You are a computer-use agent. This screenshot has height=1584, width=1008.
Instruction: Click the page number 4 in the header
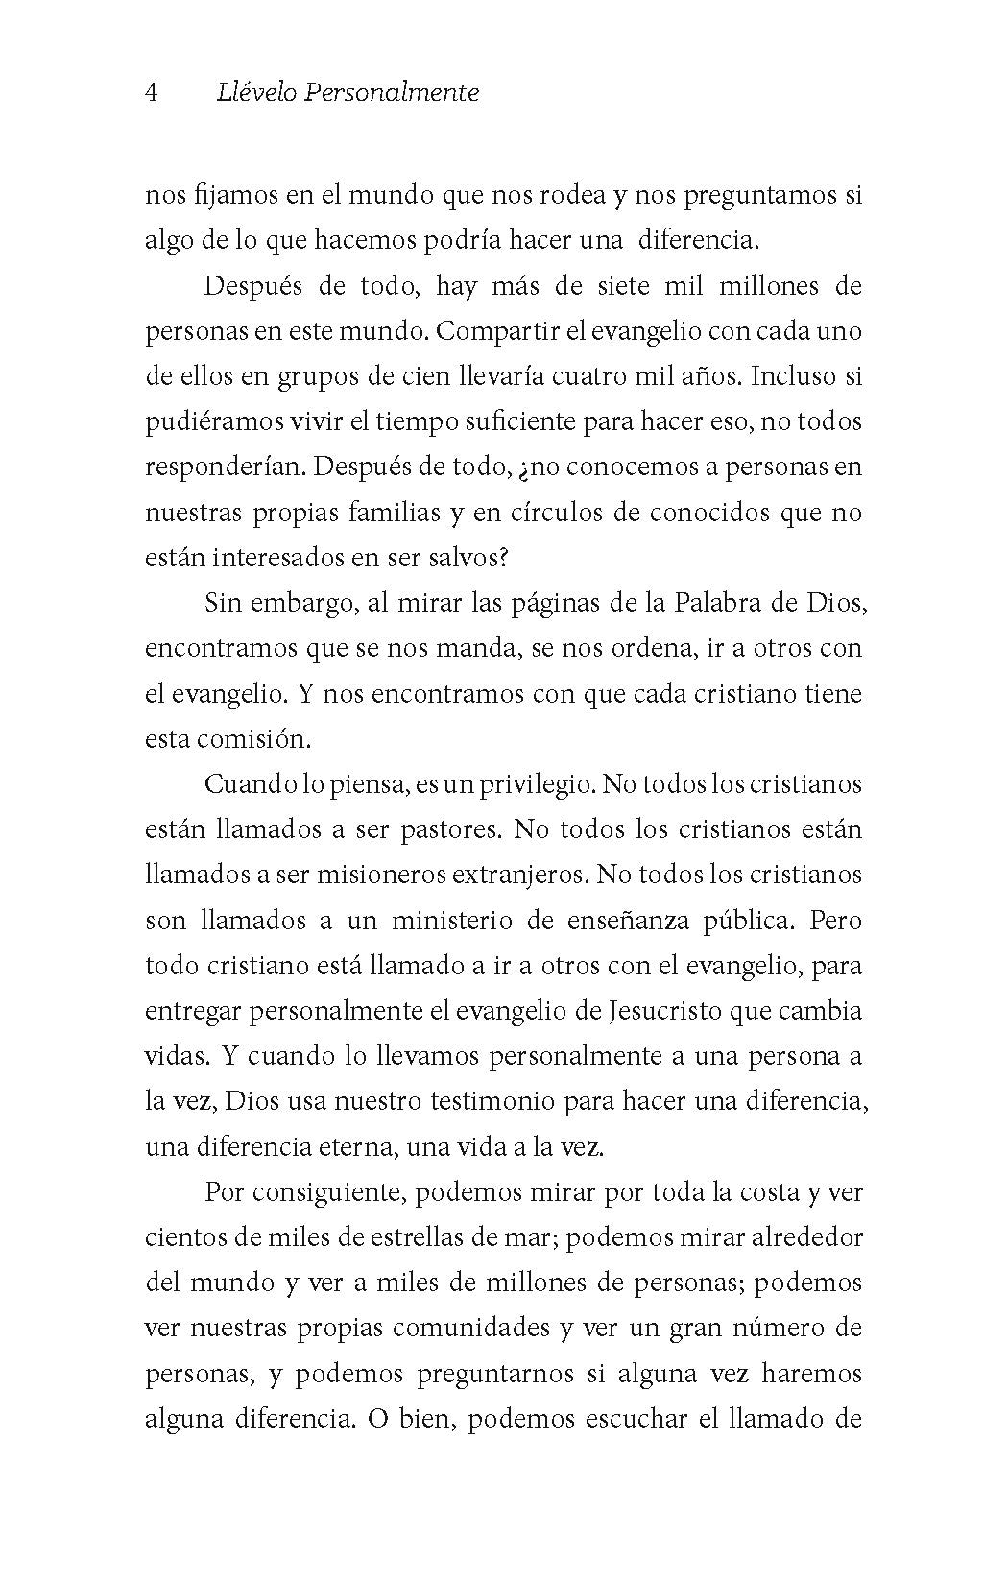[151, 92]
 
